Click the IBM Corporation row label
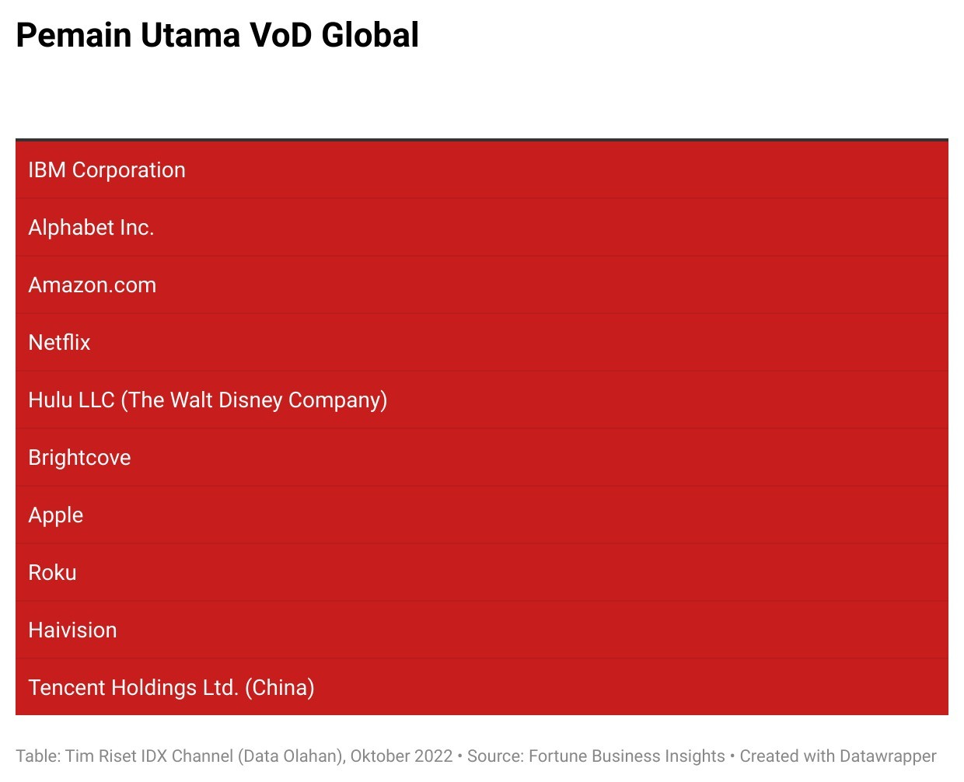pos(107,170)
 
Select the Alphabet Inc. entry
pos(91,227)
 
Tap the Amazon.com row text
pos(93,285)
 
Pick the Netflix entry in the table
pos(59,342)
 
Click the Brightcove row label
pos(79,458)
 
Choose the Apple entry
pos(56,515)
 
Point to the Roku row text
pos(53,572)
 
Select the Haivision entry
pos(73,630)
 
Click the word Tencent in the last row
pos(67,687)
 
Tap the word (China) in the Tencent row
pos(280,688)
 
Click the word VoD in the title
pos(281,35)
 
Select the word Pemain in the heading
pos(74,35)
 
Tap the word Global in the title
pos(370,35)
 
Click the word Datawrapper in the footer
pos(888,756)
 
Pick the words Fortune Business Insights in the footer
pos(627,756)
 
